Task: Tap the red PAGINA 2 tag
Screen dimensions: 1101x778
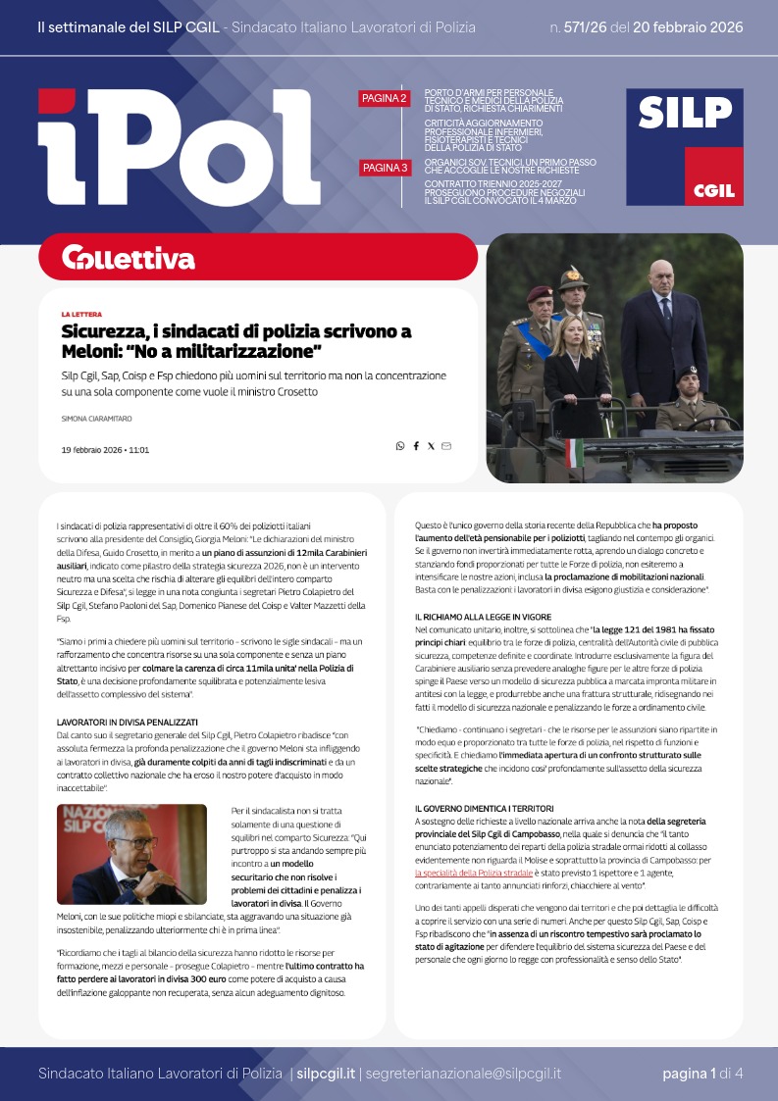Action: (x=384, y=98)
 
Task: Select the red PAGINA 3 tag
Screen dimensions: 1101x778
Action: (x=384, y=169)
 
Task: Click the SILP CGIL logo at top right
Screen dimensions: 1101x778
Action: (x=685, y=147)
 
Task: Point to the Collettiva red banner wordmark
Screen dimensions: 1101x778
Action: (x=128, y=258)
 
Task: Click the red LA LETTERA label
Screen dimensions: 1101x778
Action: (x=80, y=315)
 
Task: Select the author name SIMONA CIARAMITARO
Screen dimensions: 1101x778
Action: (x=95, y=418)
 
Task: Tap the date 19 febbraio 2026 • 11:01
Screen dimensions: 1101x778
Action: (x=104, y=450)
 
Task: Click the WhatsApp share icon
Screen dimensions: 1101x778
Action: (x=400, y=446)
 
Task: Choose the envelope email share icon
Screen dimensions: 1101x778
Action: (x=446, y=446)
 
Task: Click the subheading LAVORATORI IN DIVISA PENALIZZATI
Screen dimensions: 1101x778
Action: (x=128, y=694)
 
